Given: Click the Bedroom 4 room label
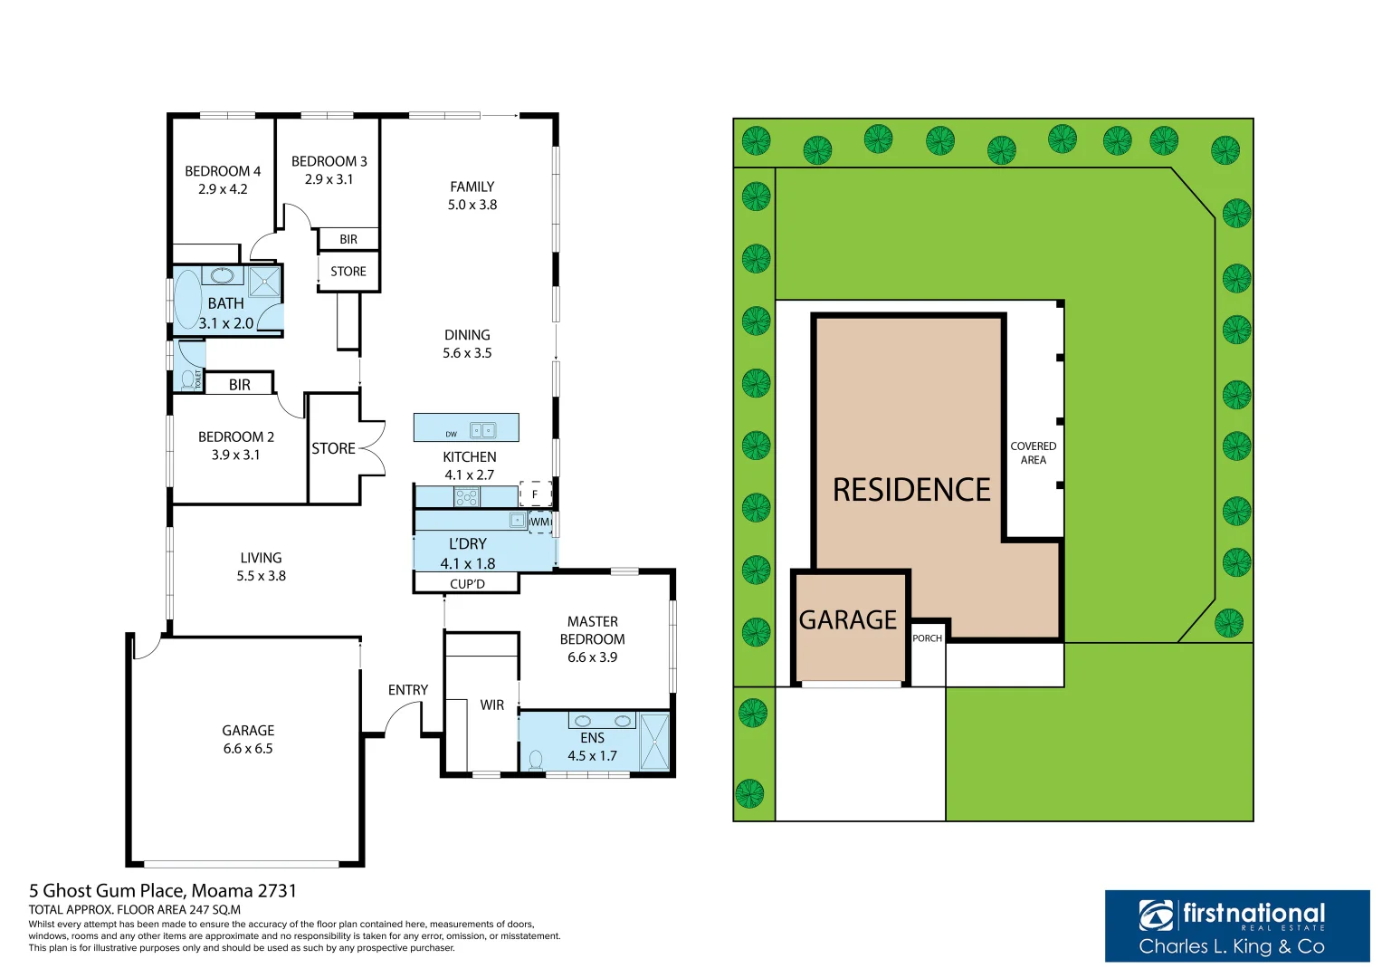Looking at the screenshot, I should point(223,171).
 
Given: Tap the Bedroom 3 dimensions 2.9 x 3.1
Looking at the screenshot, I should point(329,179).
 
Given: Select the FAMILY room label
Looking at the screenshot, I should point(472,187).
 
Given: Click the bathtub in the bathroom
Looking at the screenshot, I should point(187,300).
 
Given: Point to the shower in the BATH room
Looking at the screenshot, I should point(264,282).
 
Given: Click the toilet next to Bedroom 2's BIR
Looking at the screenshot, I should point(189,378).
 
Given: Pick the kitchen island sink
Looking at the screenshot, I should point(482,430).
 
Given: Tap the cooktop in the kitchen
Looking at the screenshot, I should point(466,496).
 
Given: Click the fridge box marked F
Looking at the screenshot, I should point(535,494).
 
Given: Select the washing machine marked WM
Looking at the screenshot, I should point(540,522).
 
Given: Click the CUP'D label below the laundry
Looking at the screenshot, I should point(467,584).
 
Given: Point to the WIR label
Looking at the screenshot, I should point(491,705).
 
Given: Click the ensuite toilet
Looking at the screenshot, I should point(535,759).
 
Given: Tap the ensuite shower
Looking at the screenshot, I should point(654,742).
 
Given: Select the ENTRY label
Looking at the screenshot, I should point(407,690).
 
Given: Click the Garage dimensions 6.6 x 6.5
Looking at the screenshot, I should point(248,749).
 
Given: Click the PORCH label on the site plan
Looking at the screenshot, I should point(927,638).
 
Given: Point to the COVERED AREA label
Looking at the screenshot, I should point(1033,453).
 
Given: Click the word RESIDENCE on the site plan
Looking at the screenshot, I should point(911,490).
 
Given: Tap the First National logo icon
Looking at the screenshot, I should point(1157,916).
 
